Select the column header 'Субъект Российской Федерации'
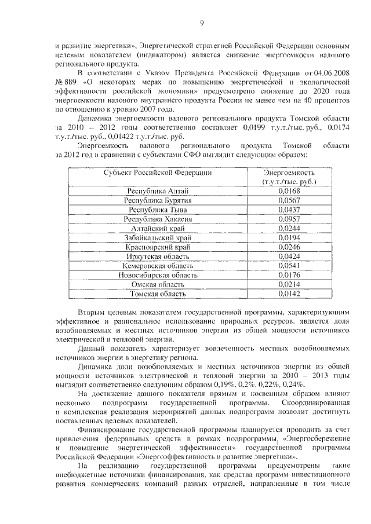[158, 173]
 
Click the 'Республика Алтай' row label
[158, 190]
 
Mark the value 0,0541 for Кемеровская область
[289, 266]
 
